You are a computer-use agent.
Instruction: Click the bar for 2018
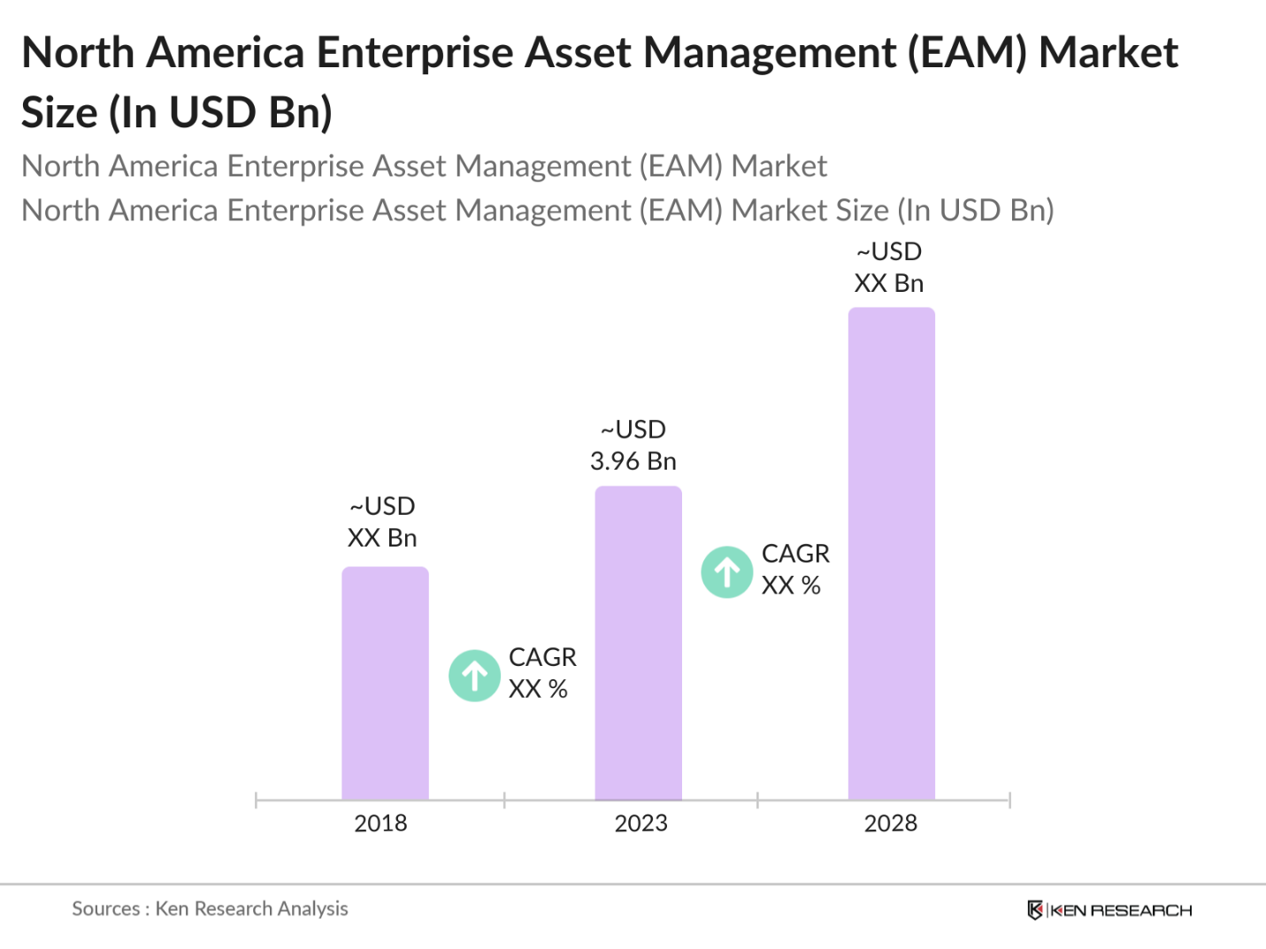(x=385, y=683)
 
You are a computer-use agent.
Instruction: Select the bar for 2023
(x=638, y=643)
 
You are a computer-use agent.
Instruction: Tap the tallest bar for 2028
(x=891, y=554)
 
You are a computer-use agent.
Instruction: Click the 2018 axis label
(x=380, y=823)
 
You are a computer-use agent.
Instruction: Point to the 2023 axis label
(x=641, y=823)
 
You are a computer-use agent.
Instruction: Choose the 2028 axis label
(x=890, y=823)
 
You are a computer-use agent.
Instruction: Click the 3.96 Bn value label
(x=633, y=461)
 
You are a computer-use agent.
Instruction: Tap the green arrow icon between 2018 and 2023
(x=475, y=676)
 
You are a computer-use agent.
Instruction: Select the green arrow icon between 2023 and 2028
(x=727, y=572)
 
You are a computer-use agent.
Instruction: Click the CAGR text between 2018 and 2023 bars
(x=541, y=657)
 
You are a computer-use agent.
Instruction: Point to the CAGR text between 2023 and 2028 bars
(x=795, y=554)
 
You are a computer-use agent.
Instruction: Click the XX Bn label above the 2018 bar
(x=381, y=538)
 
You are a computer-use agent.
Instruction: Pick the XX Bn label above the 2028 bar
(x=888, y=283)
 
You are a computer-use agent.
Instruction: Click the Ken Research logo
(x=1109, y=910)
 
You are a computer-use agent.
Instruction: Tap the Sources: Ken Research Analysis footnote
(x=210, y=908)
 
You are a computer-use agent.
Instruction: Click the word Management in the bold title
(x=769, y=53)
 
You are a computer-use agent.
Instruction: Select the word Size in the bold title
(x=58, y=113)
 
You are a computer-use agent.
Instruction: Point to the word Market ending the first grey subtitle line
(x=779, y=166)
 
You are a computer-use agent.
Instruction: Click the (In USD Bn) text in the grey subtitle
(x=975, y=210)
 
